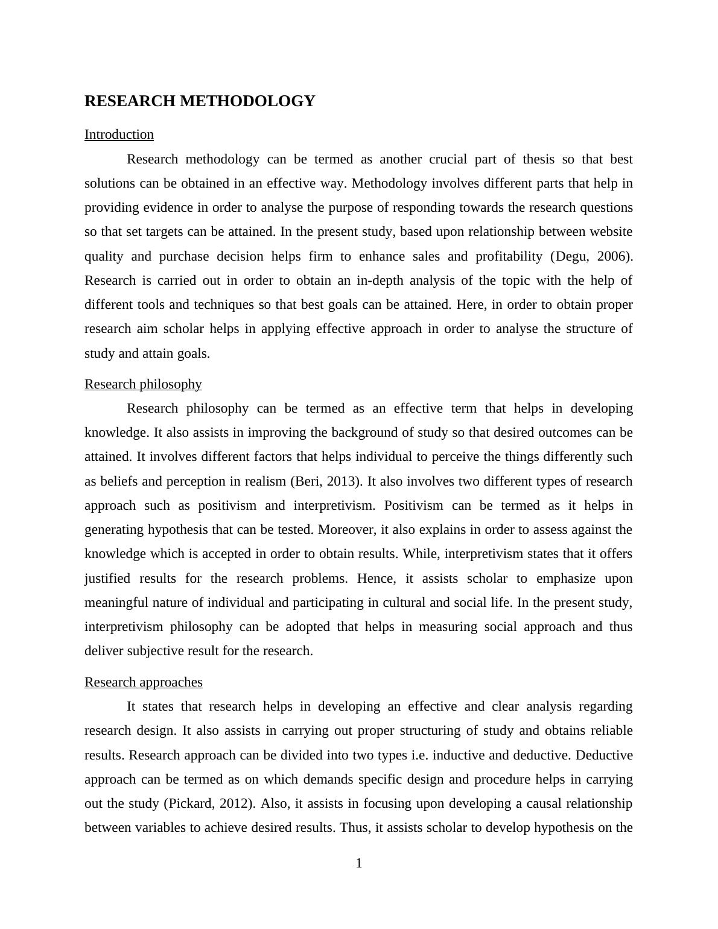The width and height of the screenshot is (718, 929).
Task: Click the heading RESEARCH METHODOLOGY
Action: [200, 101]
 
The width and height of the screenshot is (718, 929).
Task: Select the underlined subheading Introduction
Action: [119, 135]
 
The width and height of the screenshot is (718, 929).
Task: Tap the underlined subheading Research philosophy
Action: [143, 384]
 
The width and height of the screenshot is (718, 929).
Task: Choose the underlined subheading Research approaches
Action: [144, 682]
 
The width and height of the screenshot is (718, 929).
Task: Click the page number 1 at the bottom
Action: [359, 864]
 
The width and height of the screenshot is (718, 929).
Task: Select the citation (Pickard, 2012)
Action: [211, 804]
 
